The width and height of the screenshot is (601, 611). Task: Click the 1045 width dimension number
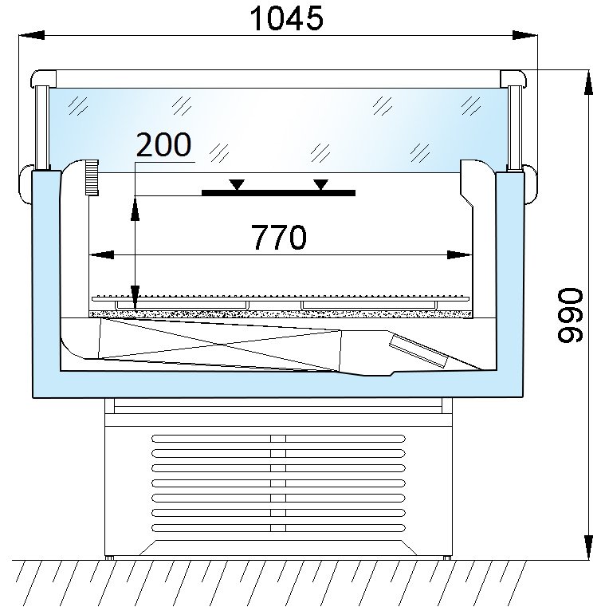(286, 18)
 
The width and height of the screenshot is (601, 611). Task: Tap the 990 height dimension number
(570, 315)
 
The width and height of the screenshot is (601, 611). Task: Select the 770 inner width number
(279, 237)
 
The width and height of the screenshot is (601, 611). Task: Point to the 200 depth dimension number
(163, 144)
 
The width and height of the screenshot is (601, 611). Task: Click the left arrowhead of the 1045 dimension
(32, 35)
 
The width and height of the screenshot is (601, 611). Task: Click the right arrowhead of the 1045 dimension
(524, 35)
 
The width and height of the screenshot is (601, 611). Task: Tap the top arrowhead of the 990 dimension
(588, 82)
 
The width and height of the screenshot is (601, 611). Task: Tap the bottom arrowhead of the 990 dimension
(588, 547)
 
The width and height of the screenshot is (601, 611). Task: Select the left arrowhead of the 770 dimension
(101, 254)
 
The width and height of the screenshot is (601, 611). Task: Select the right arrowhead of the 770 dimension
(460, 254)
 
